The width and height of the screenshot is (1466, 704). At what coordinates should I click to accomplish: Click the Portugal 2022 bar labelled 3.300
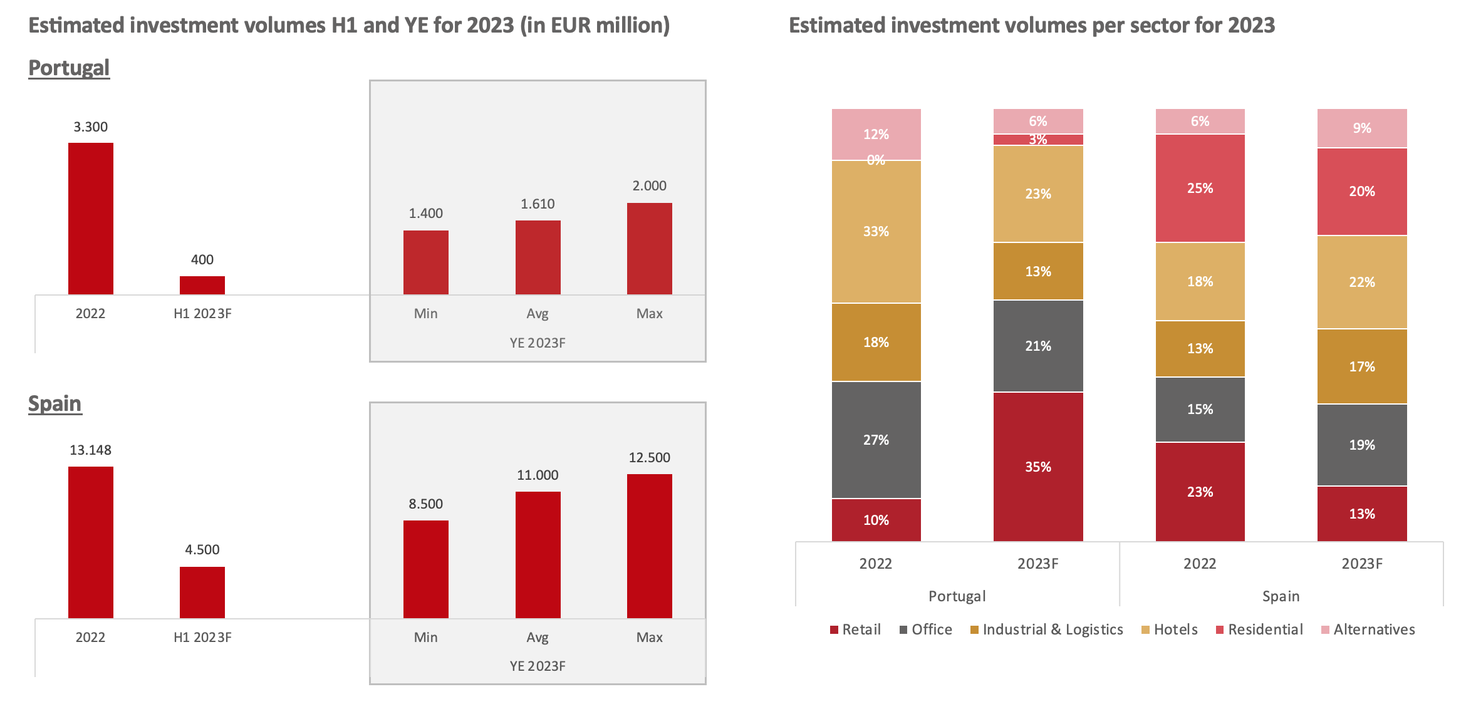pyautogui.click(x=91, y=219)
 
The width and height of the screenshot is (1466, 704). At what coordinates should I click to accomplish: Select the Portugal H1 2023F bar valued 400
pyautogui.click(x=202, y=285)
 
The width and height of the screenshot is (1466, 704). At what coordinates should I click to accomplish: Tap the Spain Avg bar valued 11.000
pyautogui.click(x=538, y=555)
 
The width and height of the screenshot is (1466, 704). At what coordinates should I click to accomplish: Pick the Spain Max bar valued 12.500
pyautogui.click(x=649, y=546)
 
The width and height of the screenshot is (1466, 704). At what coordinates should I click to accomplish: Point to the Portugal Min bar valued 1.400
pyautogui.click(x=426, y=262)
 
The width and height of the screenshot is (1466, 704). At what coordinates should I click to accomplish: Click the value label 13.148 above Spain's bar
pyautogui.click(x=91, y=450)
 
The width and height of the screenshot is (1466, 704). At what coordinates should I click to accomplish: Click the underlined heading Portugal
pyautogui.click(x=69, y=68)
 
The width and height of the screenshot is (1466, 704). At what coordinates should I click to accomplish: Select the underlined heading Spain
pyautogui.click(x=55, y=403)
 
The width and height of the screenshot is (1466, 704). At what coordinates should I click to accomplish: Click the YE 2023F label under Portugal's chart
pyautogui.click(x=538, y=343)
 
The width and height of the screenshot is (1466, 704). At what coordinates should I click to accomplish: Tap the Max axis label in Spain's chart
pyautogui.click(x=649, y=637)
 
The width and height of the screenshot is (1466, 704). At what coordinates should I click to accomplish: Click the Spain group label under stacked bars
pyautogui.click(x=1281, y=596)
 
